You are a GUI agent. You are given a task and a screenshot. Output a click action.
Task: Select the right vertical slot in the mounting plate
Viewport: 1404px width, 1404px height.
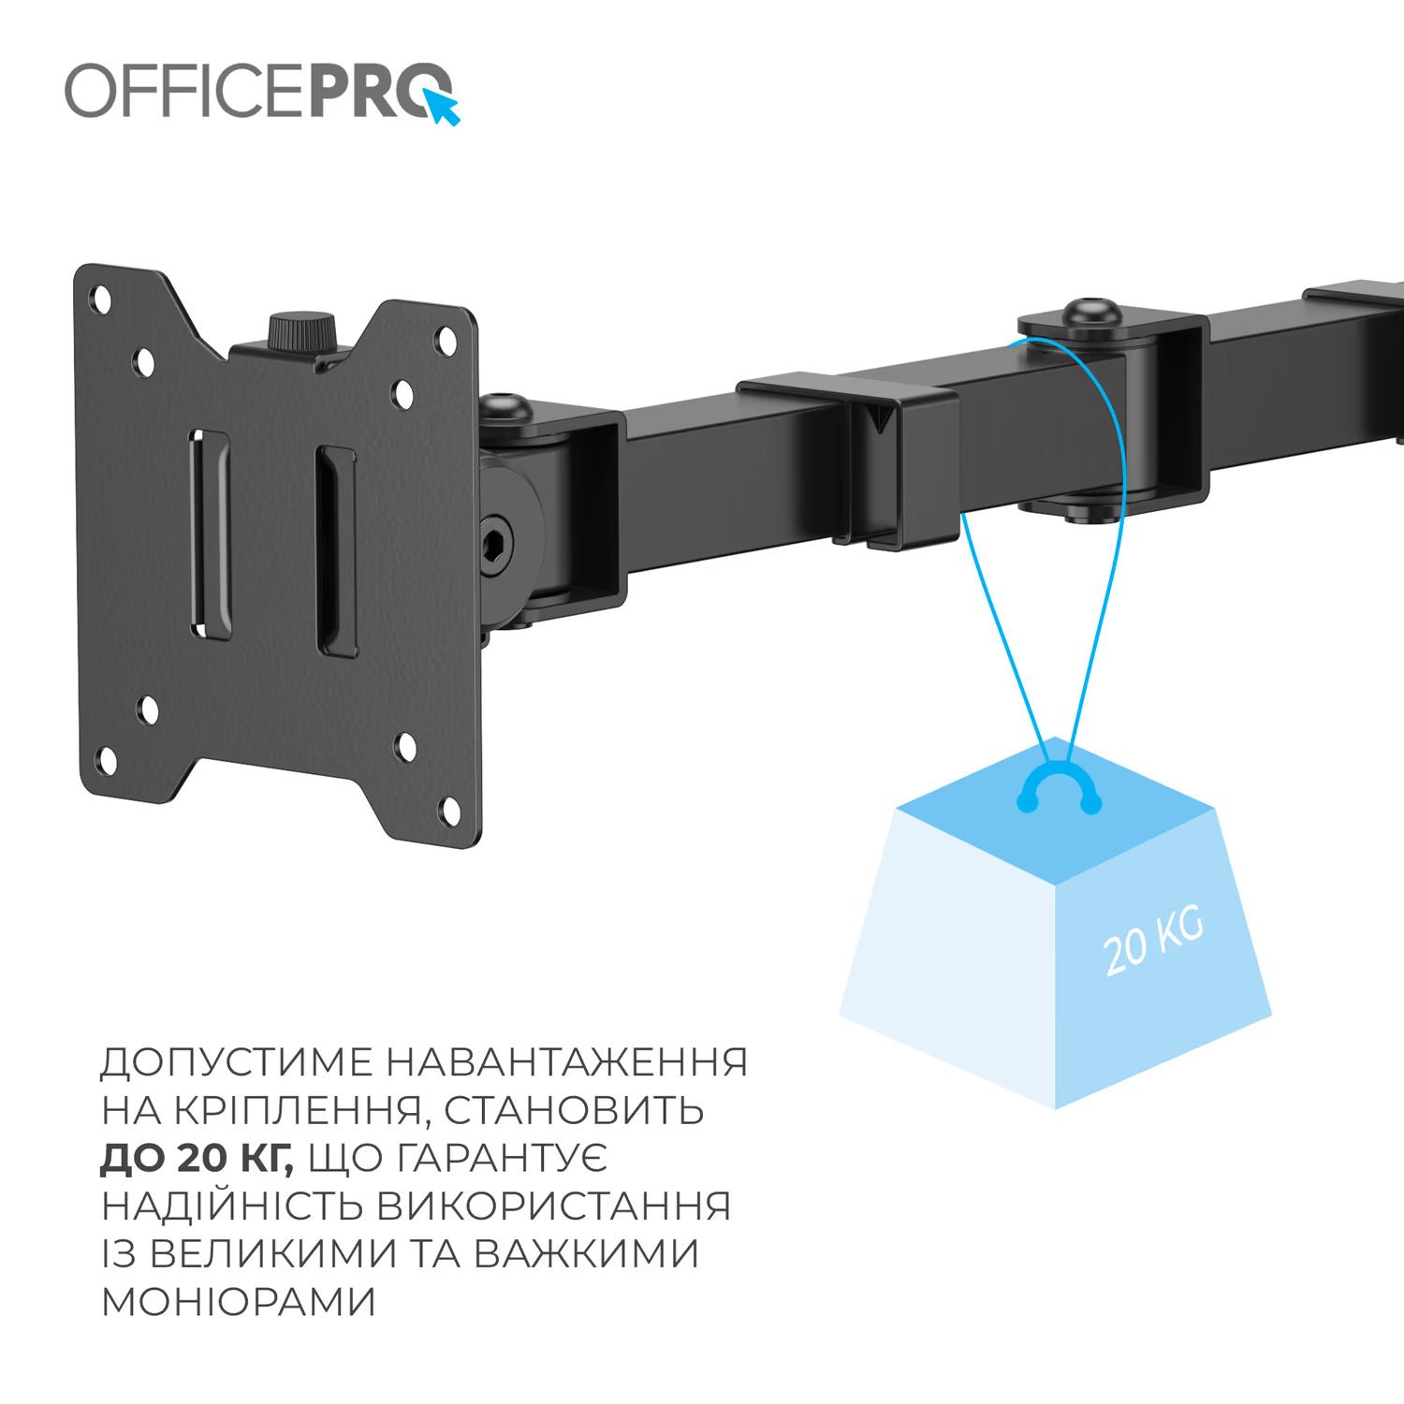click(x=336, y=550)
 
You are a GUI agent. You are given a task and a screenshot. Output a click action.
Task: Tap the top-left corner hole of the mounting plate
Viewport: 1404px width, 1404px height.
click(x=97, y=300)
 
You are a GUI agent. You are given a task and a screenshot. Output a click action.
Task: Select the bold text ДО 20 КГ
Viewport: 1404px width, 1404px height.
click(x=197, y=1159)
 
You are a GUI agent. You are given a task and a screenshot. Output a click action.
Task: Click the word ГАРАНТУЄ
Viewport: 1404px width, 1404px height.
click(x=503, y=1159)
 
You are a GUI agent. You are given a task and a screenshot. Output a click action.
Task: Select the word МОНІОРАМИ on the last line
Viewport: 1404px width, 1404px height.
click(x=238, y=1302)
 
